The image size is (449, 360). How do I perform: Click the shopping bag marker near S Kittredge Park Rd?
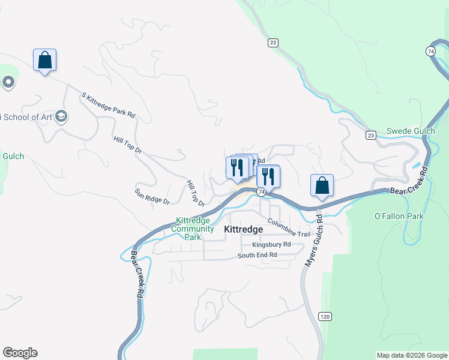pos(44,60)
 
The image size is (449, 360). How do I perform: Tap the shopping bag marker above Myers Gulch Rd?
pos(322,185)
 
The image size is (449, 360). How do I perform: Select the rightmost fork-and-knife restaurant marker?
pos(268,176)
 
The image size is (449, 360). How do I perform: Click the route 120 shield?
pos(325,316)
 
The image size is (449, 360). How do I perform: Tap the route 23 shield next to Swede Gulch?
pos(371,135)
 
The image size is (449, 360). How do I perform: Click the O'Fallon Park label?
pos(399,216)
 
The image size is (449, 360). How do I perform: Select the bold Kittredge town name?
pos(244,229)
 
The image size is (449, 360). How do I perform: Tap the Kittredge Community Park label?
pos(194,229)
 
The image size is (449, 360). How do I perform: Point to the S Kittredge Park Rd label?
pos(108,104)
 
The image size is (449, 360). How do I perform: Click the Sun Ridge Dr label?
pos(152,195)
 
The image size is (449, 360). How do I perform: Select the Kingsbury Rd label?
pos(271,244)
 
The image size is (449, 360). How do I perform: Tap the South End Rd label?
pos(257,255)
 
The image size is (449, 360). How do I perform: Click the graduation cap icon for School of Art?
pos(61,116)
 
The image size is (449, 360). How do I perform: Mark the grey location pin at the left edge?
pos(8,82)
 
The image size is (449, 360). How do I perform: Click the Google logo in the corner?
pos(20,353)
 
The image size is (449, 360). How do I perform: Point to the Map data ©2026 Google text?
pos(411,355)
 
